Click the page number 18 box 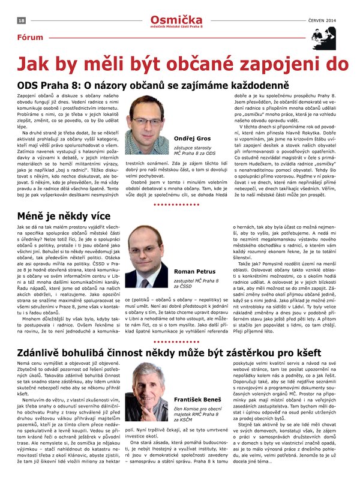21,20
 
